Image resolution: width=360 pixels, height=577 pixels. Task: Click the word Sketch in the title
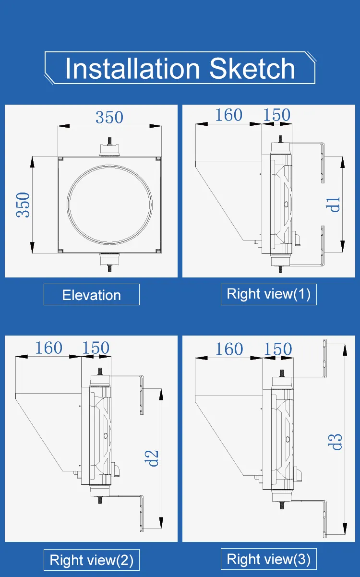pyautogui.click(x=252, y=68)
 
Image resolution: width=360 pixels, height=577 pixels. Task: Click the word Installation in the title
pyautogui.click(x=132, y=68)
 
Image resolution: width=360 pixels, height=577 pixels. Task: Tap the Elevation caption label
pyautogui.click(x=91, y=295)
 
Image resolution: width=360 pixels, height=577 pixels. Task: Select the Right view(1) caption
pyautogui.click(x=269, y=294)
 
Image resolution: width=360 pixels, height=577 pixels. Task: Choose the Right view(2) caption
pyautogui.click(x=91, y=560)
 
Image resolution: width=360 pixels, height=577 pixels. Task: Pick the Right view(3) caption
pyautogui.click(x=269, y=559)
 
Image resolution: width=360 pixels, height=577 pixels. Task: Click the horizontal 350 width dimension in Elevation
pyautogui.click(x=109, y=118)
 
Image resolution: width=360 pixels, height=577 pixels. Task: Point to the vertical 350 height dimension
pyautogui.click(x=23, y=205)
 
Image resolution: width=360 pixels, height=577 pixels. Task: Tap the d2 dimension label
pyautogui.click(x=151, y=458)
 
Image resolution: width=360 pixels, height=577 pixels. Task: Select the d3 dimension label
pyautogui.click(x=335, y=442)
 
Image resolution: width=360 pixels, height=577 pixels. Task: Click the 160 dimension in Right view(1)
pyautogui.click(x=228, y=115)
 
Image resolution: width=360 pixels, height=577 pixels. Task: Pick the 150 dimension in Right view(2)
pyautogui.click(x=96, y=348)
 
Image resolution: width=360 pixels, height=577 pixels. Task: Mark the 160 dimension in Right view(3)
pyautogui.click(x=229, y=349)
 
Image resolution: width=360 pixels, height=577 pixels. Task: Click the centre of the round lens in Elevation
pyautogui.click(x=109, y=204)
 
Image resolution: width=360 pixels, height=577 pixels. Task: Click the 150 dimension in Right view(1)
pyautogui.click(x=277, y=115)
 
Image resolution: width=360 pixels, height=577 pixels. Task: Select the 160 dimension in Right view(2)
pyautogui.click(x=48, y=348)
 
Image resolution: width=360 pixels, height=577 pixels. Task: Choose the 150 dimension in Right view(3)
pyautogui.click(x=278, y=349)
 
